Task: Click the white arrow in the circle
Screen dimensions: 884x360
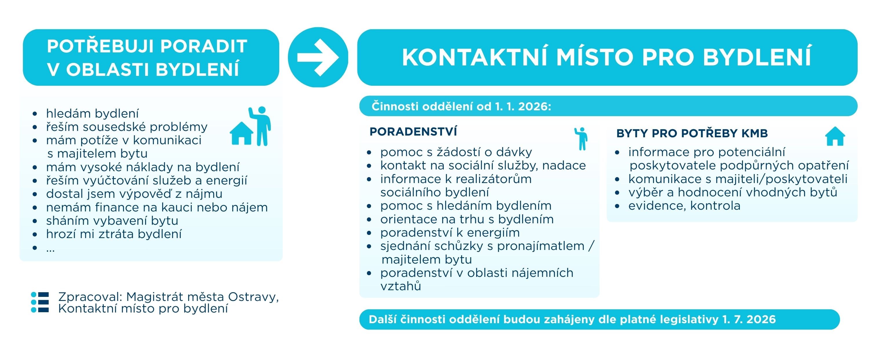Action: pos(318,57)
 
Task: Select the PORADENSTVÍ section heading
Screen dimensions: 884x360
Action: pos(413,132)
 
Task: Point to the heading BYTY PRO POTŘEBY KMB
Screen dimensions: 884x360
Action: pos(692,133)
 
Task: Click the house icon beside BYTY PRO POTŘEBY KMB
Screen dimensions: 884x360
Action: pos(835,136)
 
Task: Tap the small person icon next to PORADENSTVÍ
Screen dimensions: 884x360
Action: pos(581,139)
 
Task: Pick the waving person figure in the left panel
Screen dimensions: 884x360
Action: pos(260,126)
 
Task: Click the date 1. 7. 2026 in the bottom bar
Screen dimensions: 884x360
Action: pos(749,319)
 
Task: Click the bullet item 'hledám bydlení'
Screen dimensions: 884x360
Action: pos(92,113)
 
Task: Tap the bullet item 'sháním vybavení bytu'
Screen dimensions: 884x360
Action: pos(112,220)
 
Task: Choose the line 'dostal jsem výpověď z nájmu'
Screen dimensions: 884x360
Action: pos(134,193)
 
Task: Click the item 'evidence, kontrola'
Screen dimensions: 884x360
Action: pos(684,206)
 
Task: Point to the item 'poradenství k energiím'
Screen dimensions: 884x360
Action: pos(450,232)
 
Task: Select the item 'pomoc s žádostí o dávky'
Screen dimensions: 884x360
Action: pos(456,152)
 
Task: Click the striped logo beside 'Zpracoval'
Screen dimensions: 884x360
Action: pos(40,302)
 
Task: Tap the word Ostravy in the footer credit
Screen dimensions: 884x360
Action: pos(253,297)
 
